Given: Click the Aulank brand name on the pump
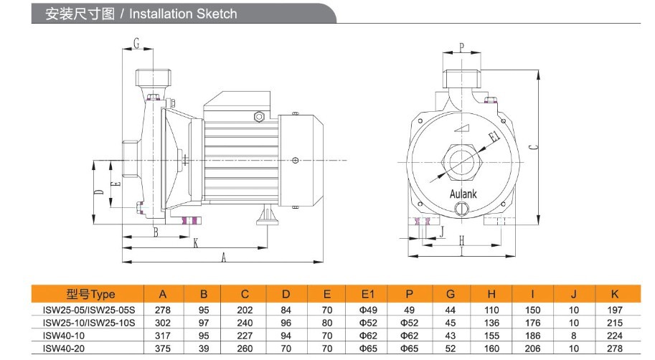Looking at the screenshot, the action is pyautogui.click(x=463, y=194).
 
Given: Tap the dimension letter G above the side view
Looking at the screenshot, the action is pyautogui.click(x=136, y=43).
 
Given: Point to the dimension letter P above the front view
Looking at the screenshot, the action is pyautogui.click(x=461, y=47).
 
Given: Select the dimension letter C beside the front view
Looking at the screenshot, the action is pyautogui.click(x=533, y=147).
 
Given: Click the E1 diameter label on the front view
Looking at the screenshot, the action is pyautogui.click(x=494, y=136).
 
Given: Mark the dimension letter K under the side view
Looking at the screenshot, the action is pyautogui.click(x=196, y=243).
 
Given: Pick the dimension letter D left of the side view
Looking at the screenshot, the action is pyautogui.click(x=98, y=192).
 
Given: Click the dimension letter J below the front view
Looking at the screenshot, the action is pyautogui.click(x=442, y=232).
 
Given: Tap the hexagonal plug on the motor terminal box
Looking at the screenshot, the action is pyautogui.click(x=259, y=116).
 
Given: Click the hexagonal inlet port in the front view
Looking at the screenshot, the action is pyautogui.click(x=463, y=163).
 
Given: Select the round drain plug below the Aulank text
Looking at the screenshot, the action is pyautogui.click(x=462, y=208).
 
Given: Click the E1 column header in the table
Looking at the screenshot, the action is pyautogui.click(x=367, y=295).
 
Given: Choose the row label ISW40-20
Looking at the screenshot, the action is pyautogui.click(x=64, y=349).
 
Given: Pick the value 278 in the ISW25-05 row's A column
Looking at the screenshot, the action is pyautogui.click(x=163, y=310).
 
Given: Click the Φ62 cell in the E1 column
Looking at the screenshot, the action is pyautogui.click(x=367, y=336).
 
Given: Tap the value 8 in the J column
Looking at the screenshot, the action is pyautogui.click(x=573, y=336).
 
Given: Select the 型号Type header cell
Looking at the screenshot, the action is pyautogui.click(x=90, y=294).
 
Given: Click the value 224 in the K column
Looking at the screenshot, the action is pyautogui.click(x=615, y=336).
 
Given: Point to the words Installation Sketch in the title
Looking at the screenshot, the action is pyautogui.click(x=183, y=14).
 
